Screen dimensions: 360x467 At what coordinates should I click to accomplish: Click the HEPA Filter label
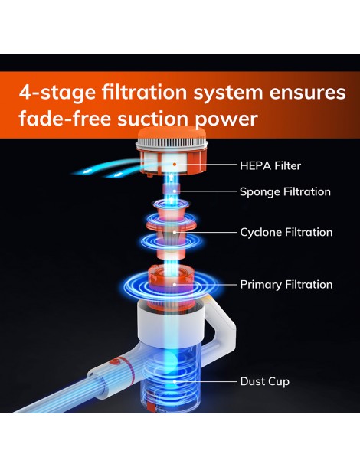click(x=270, y=165)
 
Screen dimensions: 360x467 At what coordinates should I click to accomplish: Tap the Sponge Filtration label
click(x=285, y=192)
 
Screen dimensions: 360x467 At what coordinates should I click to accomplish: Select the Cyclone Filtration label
click(x=286, y=232)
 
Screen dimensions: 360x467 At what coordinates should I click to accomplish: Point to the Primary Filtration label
click(x=286, y=285)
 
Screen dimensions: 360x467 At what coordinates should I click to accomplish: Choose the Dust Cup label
click(x=264, y=381)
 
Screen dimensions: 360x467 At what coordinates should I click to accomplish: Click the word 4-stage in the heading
click(x=57, y=93)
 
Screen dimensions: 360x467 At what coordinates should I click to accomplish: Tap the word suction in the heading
click(x=153, y=119)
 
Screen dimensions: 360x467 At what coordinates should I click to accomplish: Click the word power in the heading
click(x=226, y=120)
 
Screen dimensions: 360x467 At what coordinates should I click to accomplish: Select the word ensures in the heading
click(x=308, y=93)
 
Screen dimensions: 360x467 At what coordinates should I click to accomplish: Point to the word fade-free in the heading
click(x=65, y=118)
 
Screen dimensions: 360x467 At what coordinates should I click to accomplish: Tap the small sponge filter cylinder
click(x=172, y=189)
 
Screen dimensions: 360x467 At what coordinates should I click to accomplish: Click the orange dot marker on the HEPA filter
click(x=175, y=164)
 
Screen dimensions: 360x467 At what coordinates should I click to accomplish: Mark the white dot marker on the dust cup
click(x=175, y=381)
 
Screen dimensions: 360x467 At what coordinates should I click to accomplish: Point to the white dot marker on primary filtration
click(x=175, y=285)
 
